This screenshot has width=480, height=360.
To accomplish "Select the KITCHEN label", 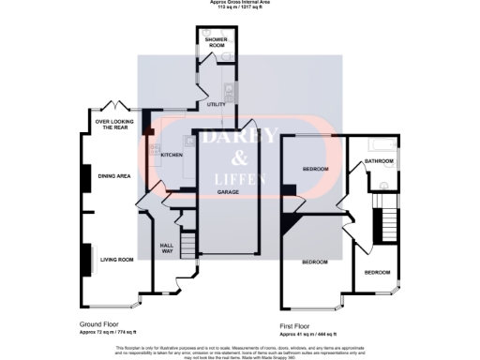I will click(171, 155).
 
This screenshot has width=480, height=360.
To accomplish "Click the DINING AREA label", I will click(114, 175).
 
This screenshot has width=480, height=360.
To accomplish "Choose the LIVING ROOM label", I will click(117, 259).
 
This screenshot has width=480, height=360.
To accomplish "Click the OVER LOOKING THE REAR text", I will click(117, 123).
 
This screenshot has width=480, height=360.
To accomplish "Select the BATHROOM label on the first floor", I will click(379, 161).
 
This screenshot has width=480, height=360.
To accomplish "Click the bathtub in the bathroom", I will click(380, 143).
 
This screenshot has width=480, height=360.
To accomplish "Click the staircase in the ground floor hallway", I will click(188, 247).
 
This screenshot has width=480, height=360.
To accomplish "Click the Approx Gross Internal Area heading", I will click(239, 3).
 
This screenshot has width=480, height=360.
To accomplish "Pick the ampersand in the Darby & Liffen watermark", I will click(238, 157).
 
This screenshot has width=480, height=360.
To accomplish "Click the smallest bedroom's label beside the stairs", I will click(377, 272).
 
